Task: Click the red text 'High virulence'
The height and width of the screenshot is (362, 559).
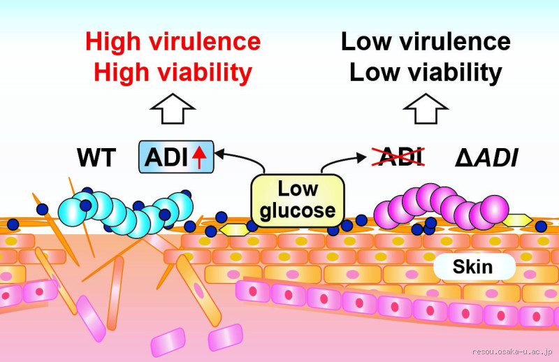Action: [173, 42]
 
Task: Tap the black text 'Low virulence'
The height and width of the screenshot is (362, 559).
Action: [426, 42]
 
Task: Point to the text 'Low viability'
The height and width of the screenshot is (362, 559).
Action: [426, 72]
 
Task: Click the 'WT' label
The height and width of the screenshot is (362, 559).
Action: [96, 159]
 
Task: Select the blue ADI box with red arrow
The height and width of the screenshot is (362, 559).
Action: [175, 158]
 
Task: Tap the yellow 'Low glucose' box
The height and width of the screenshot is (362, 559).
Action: [297, 198]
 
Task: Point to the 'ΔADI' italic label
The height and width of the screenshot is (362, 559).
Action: [486, 159]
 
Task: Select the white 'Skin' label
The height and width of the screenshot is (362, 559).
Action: [472, 266]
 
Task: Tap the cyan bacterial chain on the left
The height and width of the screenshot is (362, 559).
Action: [133, 213]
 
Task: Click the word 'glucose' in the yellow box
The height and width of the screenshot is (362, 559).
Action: [297, 210]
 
